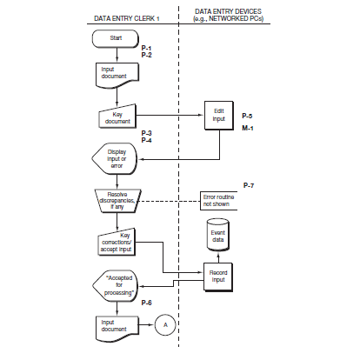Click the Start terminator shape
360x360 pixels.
(x=116, y=39)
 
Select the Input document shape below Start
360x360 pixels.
(x=116, y=75)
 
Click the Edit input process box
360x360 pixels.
(x=218, y=117)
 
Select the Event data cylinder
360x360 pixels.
(x=218, y=236)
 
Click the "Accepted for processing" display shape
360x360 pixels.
(x=117, y=284)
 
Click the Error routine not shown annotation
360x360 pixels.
(x=220, y=200)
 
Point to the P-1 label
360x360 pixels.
(x=146, y=48)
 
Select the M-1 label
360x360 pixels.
(x=248, y=128)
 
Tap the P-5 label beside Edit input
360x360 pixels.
(x=248, y=116)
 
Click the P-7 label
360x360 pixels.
(x=248, y=185)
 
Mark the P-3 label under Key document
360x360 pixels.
(x=147, y=132)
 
